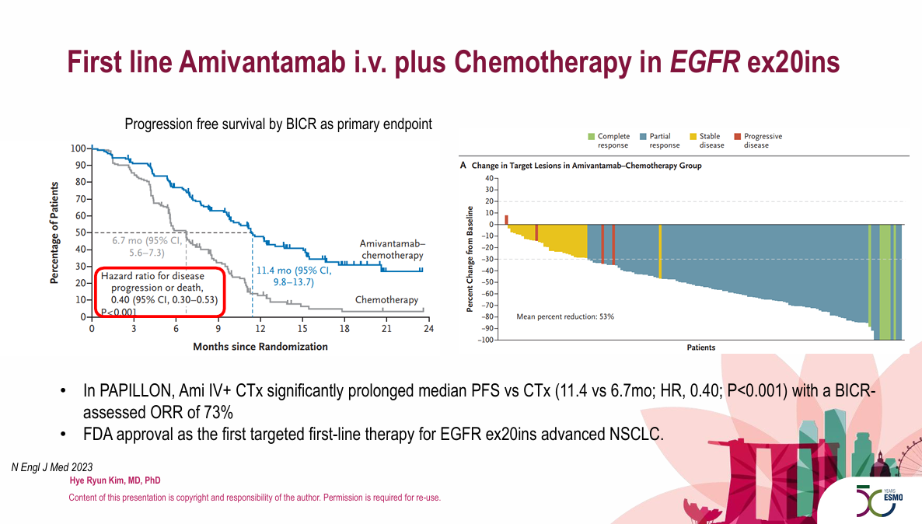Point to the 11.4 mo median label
[294, 277]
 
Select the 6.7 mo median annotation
[147, 246]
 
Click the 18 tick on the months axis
[344, 329]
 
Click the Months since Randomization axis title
[260, 347]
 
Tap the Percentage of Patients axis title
[54, 233]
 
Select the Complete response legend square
[592, 136]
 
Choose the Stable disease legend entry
[707, 141]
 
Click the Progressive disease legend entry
[759, 141]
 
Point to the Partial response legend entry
[660, 141]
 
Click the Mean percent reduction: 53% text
[565, 316]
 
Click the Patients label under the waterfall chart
[701, 348]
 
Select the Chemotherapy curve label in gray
[386, 300]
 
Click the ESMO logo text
[893, 498]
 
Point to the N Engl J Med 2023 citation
[52, 467]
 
